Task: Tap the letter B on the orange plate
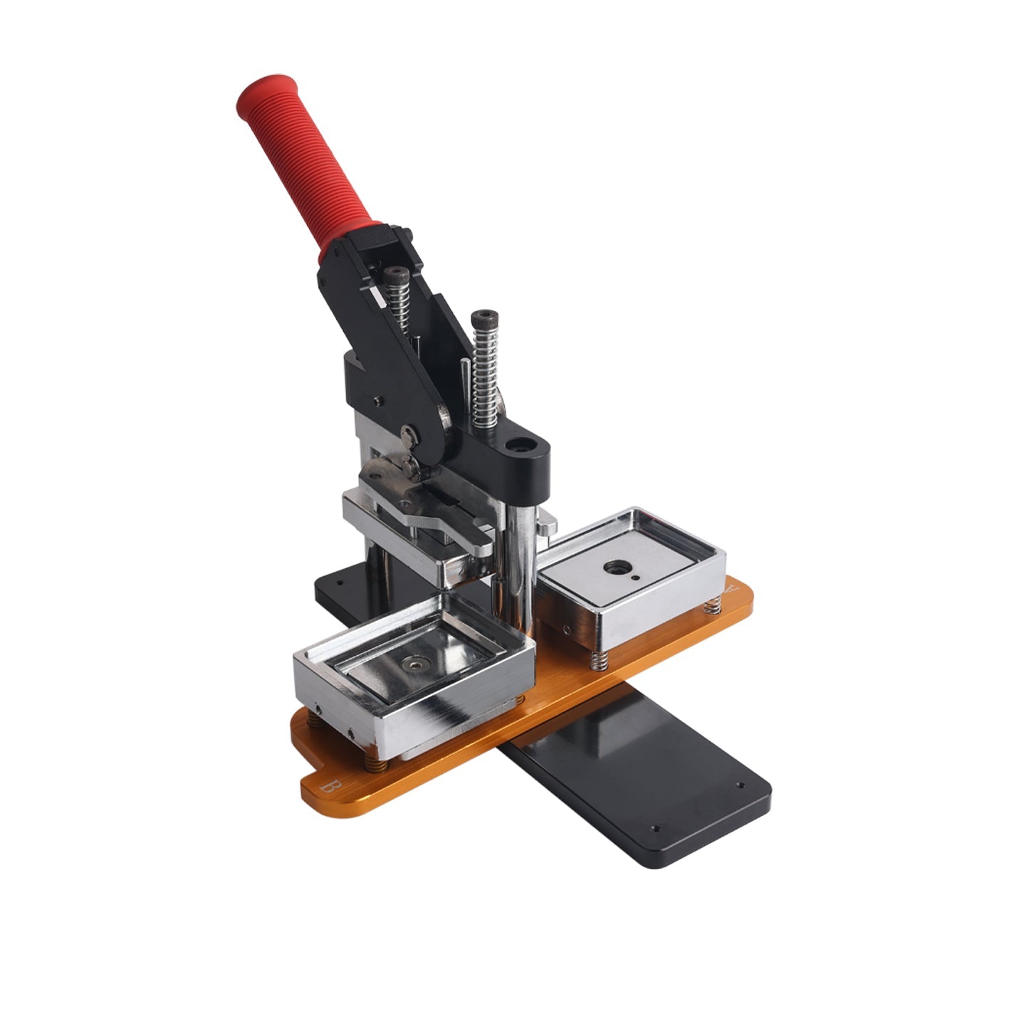coord(329,788)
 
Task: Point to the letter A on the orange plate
coord(732,590)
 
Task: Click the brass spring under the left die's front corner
coord(377,764)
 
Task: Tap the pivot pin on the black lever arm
coord(407,432)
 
